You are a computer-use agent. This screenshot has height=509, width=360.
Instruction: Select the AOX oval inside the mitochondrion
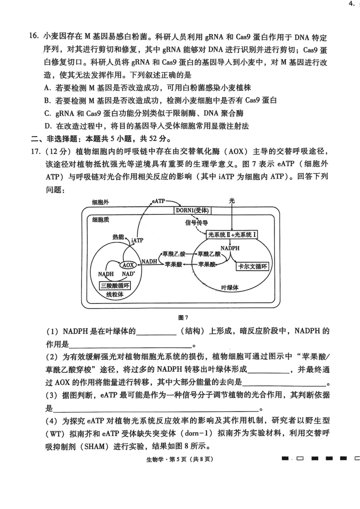(128, 265)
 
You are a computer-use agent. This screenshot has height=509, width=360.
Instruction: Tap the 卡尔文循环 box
(252, 266)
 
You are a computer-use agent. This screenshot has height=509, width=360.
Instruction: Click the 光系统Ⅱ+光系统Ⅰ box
(232, 234)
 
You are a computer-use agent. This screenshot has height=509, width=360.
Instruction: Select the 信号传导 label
(196, 223)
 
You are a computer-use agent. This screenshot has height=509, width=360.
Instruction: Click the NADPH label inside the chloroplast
(230, 248)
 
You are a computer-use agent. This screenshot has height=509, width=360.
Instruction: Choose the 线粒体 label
(114, 294)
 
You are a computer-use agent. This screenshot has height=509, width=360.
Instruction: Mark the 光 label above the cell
(231, 201)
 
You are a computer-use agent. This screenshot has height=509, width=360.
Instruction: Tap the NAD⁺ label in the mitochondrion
(129, 274)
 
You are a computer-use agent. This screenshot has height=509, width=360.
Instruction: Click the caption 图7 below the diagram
(183, 317)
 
